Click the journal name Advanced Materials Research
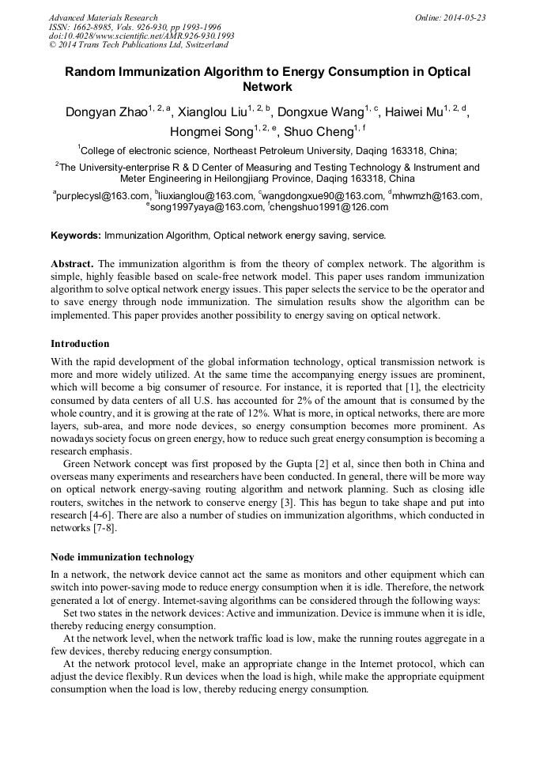[104, 17]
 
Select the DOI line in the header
[142, 36]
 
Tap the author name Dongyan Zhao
[106, 112]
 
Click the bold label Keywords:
[76, 236]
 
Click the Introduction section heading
[80, 344]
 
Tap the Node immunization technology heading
[122, 557]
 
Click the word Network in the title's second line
[267, 87]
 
